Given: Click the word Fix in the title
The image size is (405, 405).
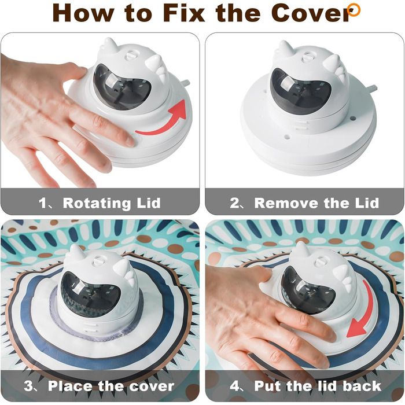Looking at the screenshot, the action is (x=184, y=13).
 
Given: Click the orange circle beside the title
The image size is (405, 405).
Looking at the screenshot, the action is (x=354, y=10).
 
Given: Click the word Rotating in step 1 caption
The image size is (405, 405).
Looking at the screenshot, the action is (x=97, y=203).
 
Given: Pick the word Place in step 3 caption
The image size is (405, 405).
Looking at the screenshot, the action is (x=71, y=386).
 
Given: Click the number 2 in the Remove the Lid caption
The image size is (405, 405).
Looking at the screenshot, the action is (x=234, y=203).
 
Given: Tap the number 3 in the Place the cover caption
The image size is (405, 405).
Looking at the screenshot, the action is (x=28, y=386).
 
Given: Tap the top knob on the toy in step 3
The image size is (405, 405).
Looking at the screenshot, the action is (x=100, y=261).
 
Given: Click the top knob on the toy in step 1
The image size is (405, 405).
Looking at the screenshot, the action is (x=131, y=55).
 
